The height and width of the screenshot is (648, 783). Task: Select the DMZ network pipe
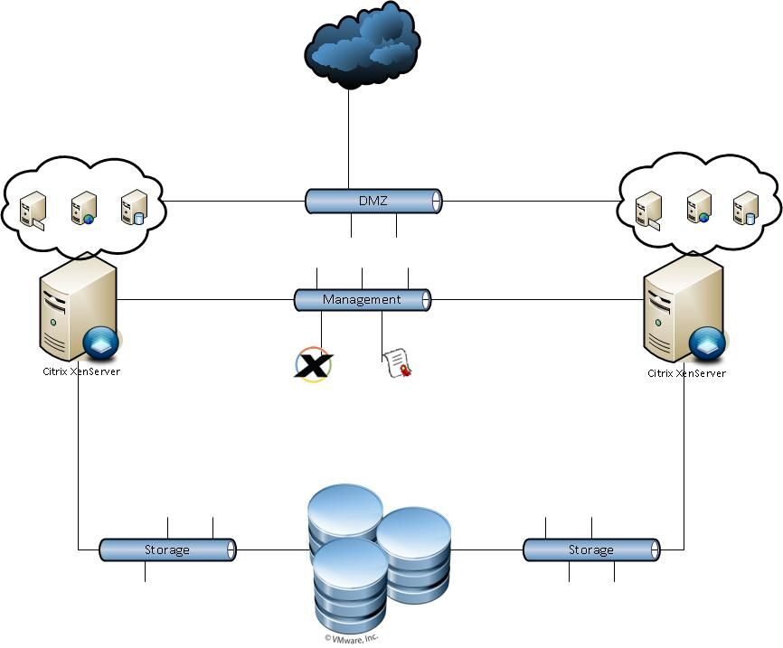click(x=373, y=201)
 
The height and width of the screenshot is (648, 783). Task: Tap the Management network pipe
click(x=362, y=299)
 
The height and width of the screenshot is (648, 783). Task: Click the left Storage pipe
click(x=167, y=549)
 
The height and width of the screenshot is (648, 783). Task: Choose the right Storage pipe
click(x=591, y=549)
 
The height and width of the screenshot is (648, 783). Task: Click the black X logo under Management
click(x=314, y=364)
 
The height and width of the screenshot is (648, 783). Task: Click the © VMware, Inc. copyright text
click(x=352, y=638)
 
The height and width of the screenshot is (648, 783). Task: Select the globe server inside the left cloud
click(x=83, y=208)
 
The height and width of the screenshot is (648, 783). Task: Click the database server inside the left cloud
click(x=134, y=207)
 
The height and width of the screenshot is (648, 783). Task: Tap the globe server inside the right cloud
click(x=697, y=207)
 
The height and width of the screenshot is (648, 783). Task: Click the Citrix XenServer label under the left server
click(x=81, y=371)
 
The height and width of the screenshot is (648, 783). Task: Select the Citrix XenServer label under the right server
click(x=686, y=372)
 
